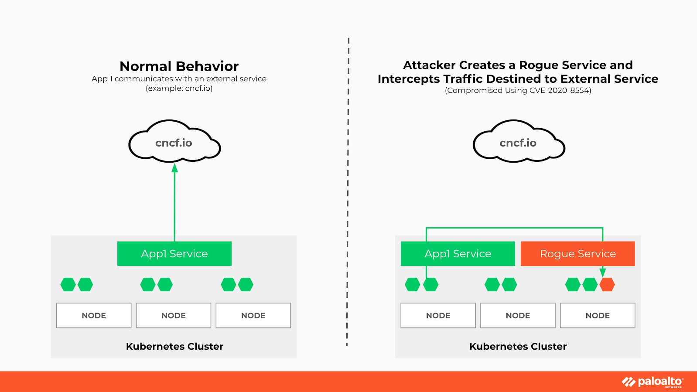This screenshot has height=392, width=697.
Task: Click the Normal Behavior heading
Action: click(179, 66)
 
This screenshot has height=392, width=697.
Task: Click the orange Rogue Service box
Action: click(578, 253)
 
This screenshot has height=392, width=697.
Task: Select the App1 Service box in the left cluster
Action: click(174, 253)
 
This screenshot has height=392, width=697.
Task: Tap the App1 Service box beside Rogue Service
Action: click(458, 253)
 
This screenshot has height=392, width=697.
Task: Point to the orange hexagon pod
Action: click(607, 284)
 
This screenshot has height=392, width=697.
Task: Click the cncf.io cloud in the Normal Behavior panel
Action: click(174, 141)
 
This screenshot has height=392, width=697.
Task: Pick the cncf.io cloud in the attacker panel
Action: click(519, 141)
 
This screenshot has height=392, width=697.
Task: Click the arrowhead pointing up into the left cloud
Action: click(174, 168)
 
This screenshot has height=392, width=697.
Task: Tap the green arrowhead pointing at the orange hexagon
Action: click(603, 273)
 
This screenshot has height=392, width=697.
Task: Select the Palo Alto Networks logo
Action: click(653, 382)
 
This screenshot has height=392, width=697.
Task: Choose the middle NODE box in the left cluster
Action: click(174, 315)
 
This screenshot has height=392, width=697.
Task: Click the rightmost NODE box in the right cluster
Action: click(598, 315)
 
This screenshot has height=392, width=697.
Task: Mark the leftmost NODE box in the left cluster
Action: click(94, 315)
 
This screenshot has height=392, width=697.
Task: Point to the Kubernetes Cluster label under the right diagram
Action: click(518, 346)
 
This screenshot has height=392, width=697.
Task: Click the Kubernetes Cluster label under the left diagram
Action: click(174, 346)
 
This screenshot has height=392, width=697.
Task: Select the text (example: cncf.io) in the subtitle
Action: click(179, 89)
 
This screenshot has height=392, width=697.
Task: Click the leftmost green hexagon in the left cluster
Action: click(68, 284)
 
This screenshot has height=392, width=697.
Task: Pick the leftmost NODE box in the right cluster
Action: click(438, 315)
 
